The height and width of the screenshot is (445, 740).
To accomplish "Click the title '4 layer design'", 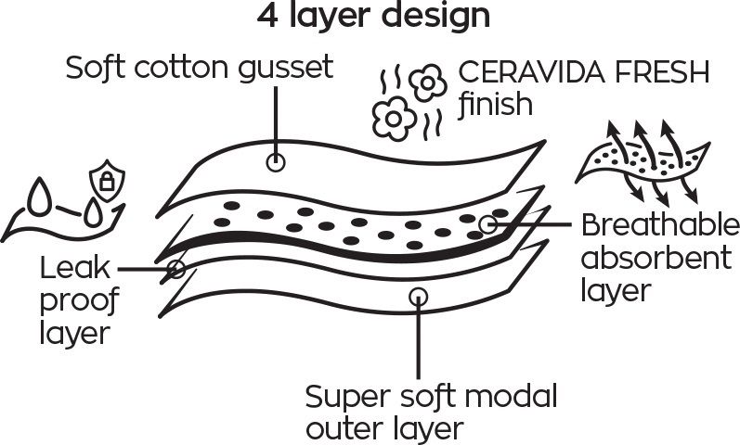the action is pyautogui.click(x=374, y=17).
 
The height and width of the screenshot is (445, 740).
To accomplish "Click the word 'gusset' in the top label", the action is pyautogui.click(x=286, y=69).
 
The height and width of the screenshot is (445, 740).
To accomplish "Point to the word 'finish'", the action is pyautogui.click(x=496, y=104).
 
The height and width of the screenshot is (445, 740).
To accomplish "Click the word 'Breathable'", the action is pyautogui.click(x=660, y=225).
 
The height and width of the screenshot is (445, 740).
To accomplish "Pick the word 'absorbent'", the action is pyautogui.click(x=656, y=258).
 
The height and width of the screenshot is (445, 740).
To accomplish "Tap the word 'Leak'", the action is pyautogui.click(x=74, y=268).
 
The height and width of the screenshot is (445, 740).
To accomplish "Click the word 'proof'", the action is pyautogui.click(x=78, y=301).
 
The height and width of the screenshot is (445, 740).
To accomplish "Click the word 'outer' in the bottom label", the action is pyautogui.click(x=348, y=429).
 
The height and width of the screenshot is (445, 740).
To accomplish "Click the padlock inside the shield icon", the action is pyautogui.click(x=107, y=181).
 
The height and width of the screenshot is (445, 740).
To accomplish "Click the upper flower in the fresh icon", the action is pyautogui.click(x=428, y=83).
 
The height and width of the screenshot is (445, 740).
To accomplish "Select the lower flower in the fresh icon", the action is pyautogui.click(x=394, y=119).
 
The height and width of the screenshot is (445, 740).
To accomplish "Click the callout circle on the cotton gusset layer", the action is pyautogui.click(x=276, y=162).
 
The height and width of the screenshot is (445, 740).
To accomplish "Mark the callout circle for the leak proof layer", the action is pyautogui.click(x=176, y=269).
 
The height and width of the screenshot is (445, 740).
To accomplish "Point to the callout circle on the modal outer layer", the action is pyautogui.click(x=418, y=297).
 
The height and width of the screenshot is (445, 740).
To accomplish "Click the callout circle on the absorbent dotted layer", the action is pyautogui.click(x=488, y=225).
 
